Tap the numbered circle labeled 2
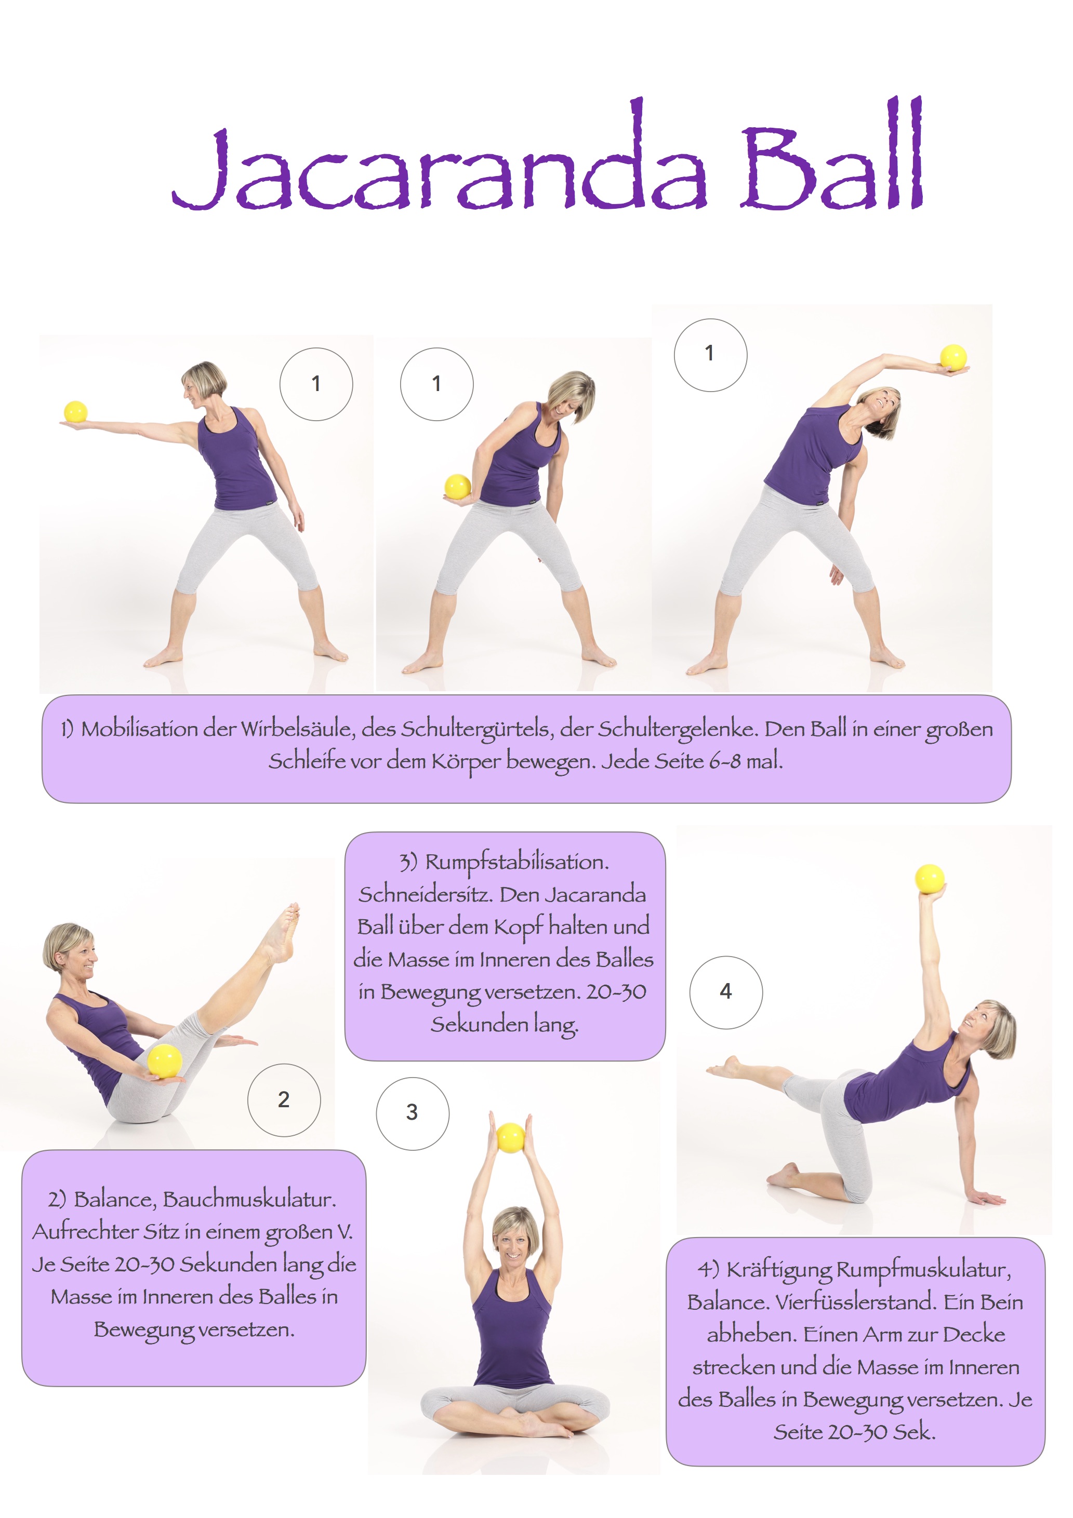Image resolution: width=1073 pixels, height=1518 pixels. [284, 1100]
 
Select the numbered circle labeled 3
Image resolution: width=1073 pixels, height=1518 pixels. [412, 1113]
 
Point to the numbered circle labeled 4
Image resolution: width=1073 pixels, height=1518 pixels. [726, 992]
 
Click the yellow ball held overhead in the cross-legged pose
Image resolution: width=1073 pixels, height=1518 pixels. [510, 1137]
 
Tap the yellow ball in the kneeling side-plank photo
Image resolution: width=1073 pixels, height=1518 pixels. [930, 879]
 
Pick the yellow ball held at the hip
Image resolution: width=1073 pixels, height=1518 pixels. [457, 487]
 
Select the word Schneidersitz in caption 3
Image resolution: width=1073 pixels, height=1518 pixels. [426, 894]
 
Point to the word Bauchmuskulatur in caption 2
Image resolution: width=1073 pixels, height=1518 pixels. [249, 1199]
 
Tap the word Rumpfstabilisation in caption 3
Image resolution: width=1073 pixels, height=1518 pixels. [516, 863]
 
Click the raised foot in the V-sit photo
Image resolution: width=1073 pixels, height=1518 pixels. [284, 932]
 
